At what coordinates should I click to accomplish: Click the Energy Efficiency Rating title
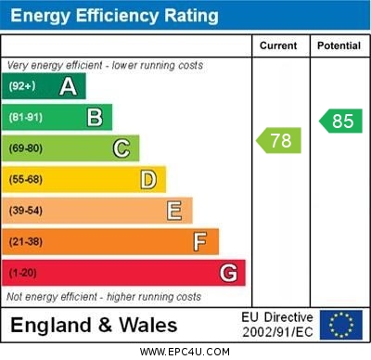(x=114, y=16)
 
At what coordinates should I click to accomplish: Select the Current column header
(x=278, y=45)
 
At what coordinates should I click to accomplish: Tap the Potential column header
(x=339, y=45)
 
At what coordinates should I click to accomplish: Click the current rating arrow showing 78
(x=278, y=141)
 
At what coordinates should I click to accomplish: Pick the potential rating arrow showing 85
(x=340, y=121)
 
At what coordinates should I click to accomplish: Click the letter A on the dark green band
(x=68, y=86)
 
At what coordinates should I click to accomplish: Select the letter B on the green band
(x=95, y=117)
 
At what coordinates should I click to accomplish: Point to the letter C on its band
(x=122, y=148)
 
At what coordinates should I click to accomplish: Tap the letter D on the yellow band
(x=148, y=179)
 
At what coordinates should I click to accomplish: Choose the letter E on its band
(x=174, y=211)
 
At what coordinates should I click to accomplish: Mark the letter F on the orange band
(x=200, y=241)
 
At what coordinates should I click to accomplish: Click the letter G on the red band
(x=228, y=273)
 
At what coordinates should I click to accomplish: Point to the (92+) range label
(x=22, y=86)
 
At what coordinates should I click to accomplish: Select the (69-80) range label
(x=26, y=148)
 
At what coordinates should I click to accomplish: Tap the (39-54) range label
(x=26, y=211)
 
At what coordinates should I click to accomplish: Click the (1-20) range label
(x=23, y=273)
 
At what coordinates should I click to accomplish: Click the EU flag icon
(x=341, y=325)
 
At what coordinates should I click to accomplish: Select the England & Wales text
(x=93, y=325)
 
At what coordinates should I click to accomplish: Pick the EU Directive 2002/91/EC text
(x=277, y=325)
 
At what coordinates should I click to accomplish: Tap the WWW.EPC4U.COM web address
(x=184, y=352)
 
